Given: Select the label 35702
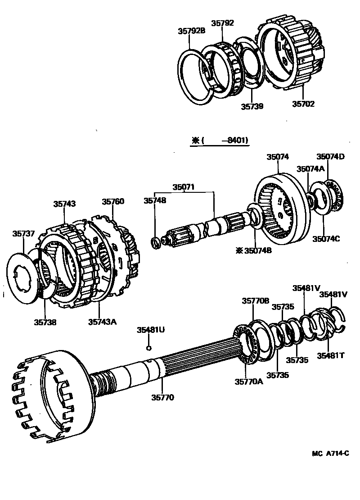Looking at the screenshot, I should tap(303, 104).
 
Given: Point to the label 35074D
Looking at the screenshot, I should tap(330, 157).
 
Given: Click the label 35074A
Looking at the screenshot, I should tap(310, 168).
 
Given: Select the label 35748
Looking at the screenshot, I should tap(155, 200).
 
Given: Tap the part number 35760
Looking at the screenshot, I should tap(113, 202).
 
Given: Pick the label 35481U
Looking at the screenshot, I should tap(151, 330).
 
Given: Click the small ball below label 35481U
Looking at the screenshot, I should tap(148, 348).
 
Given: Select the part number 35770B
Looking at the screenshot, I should tap(255, 300).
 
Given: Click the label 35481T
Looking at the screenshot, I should tap(330, 355).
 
